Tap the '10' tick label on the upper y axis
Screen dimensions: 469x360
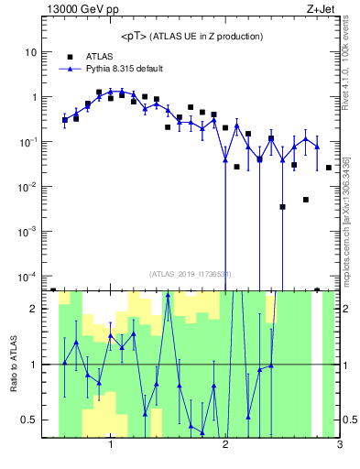[x=30, y=52]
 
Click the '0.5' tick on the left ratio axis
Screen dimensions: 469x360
[x=29, y=420]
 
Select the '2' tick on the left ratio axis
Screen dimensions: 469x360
[x=33, y=309]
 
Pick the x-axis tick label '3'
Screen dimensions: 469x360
[x=340, y=445]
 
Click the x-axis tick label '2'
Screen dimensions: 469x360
[x=225, y=445]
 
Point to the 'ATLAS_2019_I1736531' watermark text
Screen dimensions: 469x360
[x=191, y=273]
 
